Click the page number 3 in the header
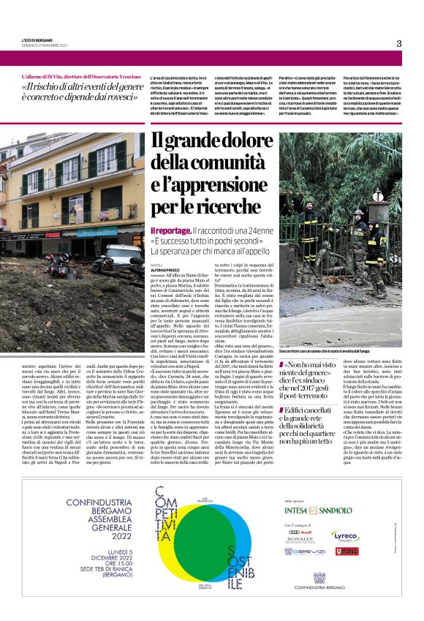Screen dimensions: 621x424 click(398, 43)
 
